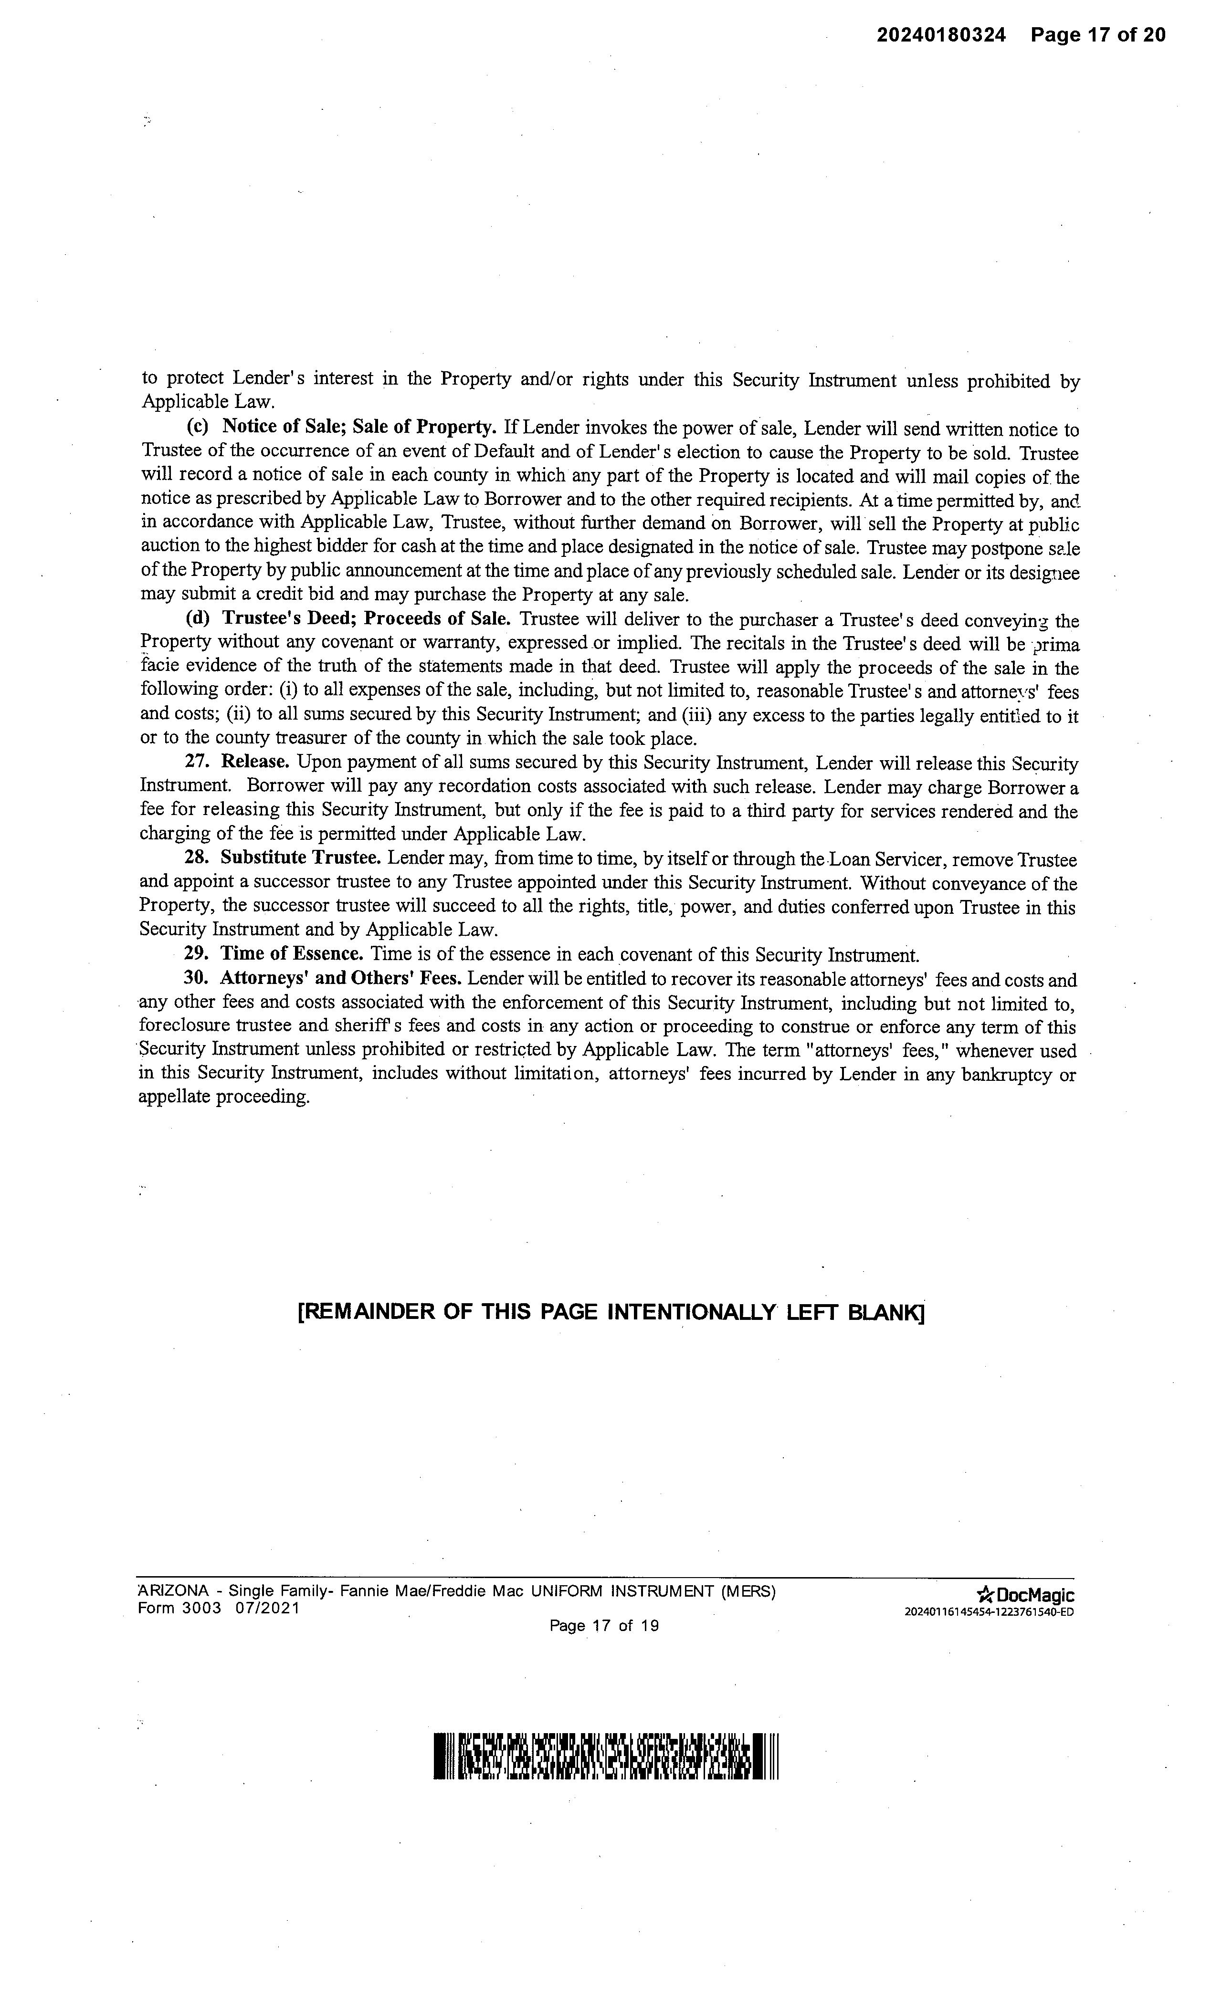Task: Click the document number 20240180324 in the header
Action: click(942, 35)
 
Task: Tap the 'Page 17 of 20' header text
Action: click(1097, 35)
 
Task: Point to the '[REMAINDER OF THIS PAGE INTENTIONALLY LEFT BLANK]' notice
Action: click(611, 1312)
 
